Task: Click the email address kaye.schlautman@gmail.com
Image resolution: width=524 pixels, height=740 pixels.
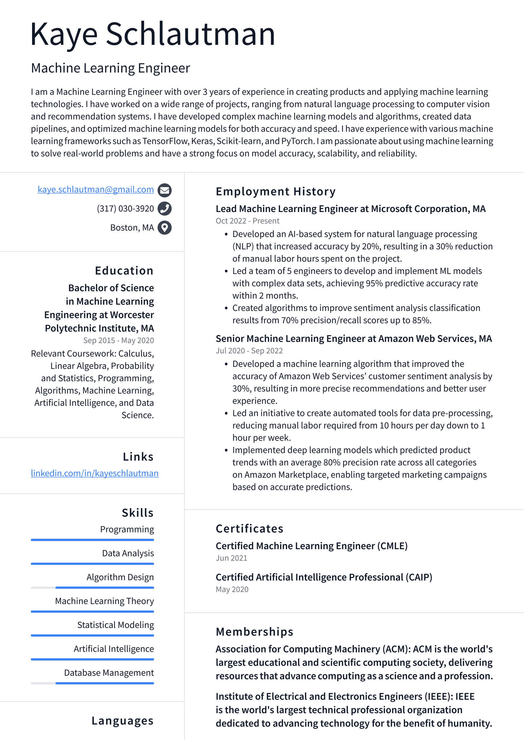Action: point(96,190)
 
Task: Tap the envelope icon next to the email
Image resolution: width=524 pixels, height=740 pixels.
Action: point(164,190)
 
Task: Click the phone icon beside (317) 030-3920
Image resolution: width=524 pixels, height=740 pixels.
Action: point(164,208)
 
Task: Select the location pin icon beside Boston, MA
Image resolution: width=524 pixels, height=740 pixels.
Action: point(164,227)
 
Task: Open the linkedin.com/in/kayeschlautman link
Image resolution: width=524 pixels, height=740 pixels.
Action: point(95,473)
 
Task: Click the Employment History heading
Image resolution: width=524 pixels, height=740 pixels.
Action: point(275,191)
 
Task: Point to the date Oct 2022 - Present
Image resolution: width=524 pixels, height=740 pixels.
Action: point(247,221)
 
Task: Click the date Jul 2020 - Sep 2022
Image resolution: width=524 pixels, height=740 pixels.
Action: point(249,351)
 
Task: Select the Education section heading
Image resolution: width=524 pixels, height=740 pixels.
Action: point(124,271)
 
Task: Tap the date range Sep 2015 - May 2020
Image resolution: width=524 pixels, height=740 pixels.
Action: point(118,340)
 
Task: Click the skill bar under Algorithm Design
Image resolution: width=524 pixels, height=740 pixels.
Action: point(92,587)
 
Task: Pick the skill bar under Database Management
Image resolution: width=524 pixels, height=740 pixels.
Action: point(92,683)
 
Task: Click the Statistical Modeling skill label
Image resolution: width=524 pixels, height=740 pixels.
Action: point(115,625)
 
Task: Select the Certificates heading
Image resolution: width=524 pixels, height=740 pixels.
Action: point(249,529)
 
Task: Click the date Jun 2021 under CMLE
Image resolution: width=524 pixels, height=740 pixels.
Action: point(231,558)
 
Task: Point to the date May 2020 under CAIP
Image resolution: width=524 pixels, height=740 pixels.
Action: point(232,589)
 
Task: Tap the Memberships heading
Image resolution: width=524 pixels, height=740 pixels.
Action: point(254,632)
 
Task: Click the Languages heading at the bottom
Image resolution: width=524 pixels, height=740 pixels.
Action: point(122,721)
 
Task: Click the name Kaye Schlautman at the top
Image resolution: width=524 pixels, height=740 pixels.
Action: point(153,34)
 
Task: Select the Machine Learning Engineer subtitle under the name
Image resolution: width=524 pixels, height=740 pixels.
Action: point(110,68)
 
